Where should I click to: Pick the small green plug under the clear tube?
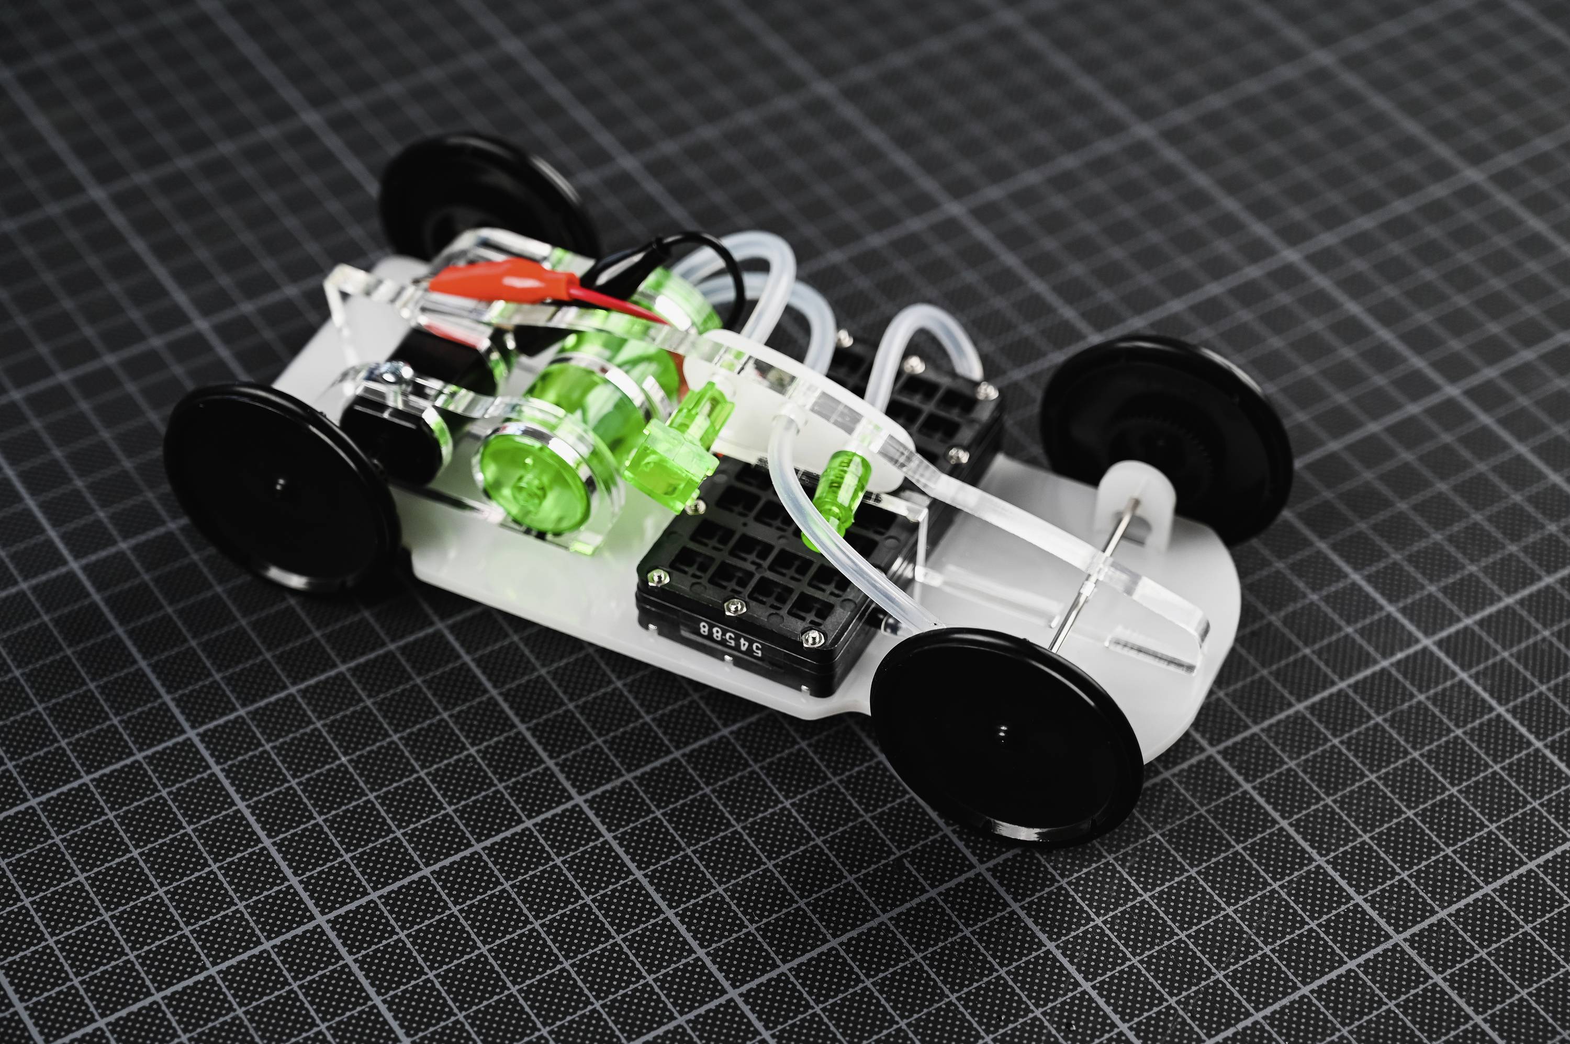[x=838, y=493]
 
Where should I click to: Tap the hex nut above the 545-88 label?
[x=734, y=605]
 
